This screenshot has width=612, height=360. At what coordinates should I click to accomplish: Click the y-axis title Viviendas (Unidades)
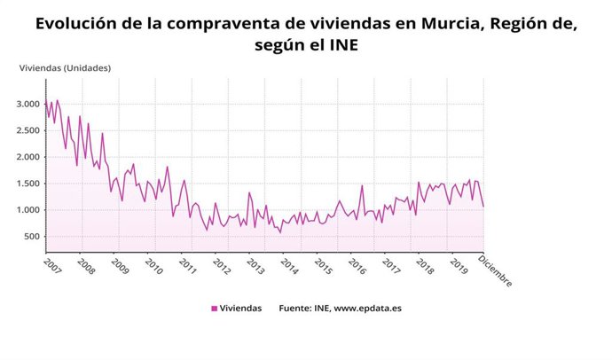coord(65,67)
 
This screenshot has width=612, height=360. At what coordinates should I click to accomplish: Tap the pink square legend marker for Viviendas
coord(214,309)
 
